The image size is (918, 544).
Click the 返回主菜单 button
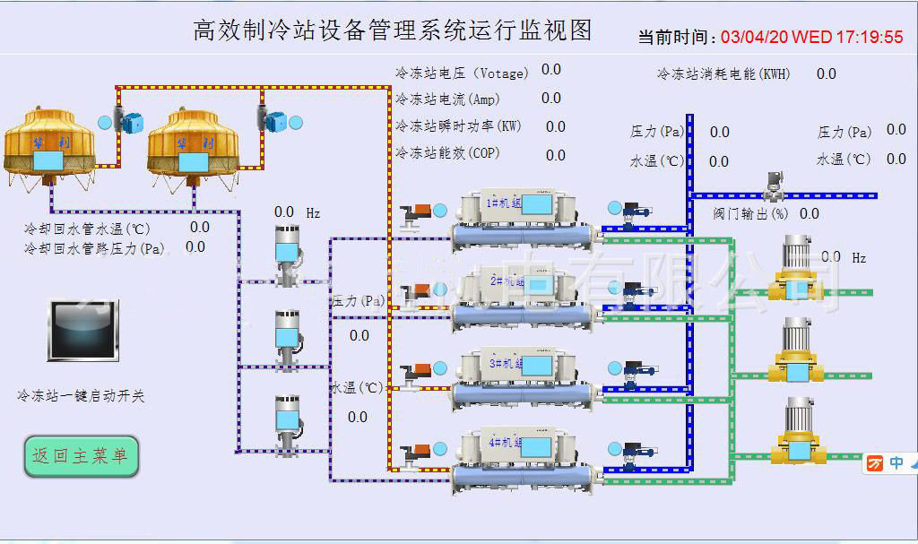coord(81,456)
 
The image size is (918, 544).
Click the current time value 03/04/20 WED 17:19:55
coord(811,37)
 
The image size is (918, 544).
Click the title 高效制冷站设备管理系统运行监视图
coord(393,30)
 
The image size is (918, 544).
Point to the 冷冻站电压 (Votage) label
coord(462,73)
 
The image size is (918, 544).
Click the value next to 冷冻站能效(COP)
coord(556,155)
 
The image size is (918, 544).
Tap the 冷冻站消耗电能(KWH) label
coord(723,74)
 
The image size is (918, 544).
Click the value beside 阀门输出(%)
coord(809,213)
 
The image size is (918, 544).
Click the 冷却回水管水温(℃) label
coord(87,229)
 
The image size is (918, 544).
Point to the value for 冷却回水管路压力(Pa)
coord(195,247)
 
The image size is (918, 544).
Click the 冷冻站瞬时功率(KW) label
coord(458,126)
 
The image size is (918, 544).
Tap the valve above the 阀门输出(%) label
coord(770,186)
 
